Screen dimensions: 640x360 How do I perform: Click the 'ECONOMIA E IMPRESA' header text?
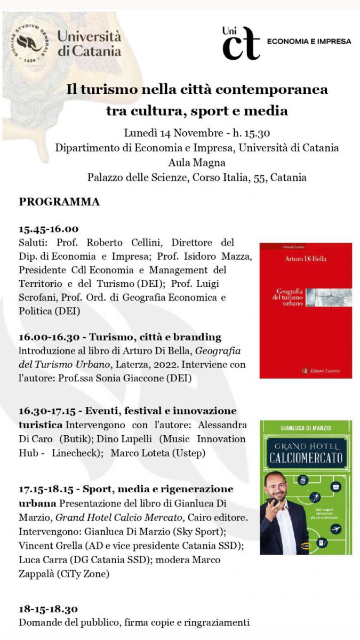[309, 41]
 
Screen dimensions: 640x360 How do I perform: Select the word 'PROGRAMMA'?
[59, 202]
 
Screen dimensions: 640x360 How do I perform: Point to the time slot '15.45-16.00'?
[49, 229]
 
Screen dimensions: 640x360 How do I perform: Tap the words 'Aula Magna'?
[197, 163]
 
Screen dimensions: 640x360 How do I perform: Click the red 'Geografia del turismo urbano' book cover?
[306, 310]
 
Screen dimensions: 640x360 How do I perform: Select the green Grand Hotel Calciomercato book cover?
[306, 487]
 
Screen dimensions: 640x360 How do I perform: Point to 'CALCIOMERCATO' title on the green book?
[306, 458]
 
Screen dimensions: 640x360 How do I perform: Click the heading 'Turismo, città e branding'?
[155, 337]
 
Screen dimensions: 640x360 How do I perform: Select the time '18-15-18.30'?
[49, 609]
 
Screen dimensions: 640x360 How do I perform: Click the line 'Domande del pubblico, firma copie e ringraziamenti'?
[134, 622]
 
